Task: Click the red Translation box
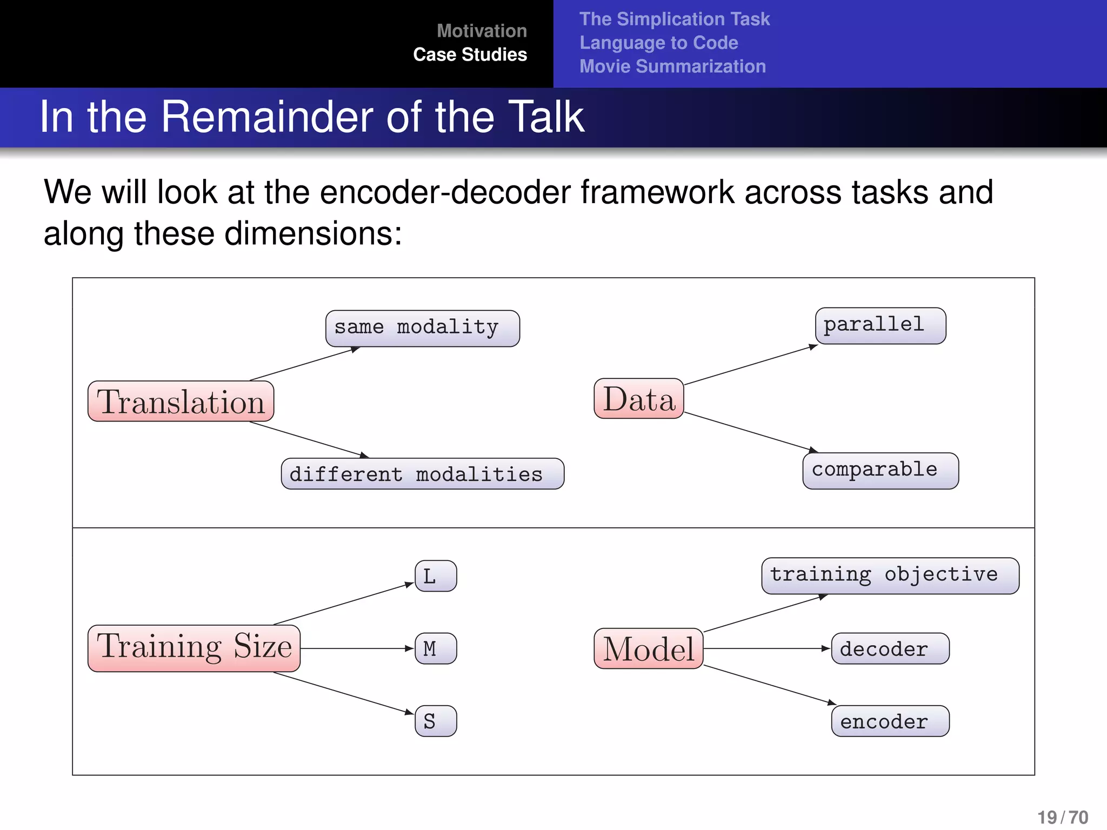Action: (181, 401)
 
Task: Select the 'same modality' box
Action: (422, 328)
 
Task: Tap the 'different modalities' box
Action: (422, 474)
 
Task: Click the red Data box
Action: (639, 399)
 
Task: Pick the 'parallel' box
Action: (881, 325)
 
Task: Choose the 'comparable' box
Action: (881, 471)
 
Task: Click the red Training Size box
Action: (194, 648)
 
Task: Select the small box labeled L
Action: (436, 576)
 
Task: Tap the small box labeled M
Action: (436, 648)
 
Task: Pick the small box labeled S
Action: (436, 721)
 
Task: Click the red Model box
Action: (648, 648)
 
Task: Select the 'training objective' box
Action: (890, 575)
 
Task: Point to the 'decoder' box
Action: (890, 648)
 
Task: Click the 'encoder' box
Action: (890, 721)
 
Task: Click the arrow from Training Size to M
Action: (357, 648)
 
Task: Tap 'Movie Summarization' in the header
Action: (672, 66)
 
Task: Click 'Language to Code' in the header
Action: (658, 43)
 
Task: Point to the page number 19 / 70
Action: (1062, 817)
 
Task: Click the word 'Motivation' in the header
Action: (482, 31)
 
